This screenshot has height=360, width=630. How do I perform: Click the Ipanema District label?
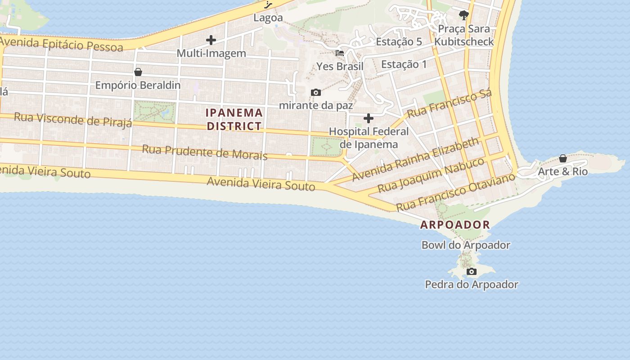(x=234, y=119)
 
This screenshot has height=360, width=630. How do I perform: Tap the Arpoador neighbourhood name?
(x=455, y=225)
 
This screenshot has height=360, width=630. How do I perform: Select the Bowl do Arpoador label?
(x=466, y=245)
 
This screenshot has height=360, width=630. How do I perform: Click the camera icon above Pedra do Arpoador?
(x=472, y=271)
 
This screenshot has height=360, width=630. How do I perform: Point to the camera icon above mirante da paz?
(x=316, y=92)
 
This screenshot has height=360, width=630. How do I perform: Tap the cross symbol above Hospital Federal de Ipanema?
(x=369, y=118)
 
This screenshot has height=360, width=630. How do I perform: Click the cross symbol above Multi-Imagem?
(x=211, y=40)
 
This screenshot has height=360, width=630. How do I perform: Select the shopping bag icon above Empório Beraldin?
(x=138, y=72)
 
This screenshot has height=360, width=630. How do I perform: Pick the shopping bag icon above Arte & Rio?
(x=563, y=158)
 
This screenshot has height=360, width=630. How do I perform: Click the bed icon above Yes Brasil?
(x=340, y=53)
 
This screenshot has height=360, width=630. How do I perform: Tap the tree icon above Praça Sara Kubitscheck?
(x=464, y=15)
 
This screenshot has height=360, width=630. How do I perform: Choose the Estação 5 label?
(x=399, y=42)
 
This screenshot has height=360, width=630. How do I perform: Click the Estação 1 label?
(x=404, y=64)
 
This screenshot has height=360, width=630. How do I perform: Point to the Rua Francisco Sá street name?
(x=449, y=103)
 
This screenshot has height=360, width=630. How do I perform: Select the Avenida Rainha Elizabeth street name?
(x=416, y=159)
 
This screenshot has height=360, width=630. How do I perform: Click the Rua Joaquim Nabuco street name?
(x=431, y=175)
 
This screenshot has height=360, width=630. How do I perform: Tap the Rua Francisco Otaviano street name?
(x=455, y=192)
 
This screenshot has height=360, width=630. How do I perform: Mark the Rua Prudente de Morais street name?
(x=205, y=152)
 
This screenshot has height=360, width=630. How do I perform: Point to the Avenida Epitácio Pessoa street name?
(x=62, y=44)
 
